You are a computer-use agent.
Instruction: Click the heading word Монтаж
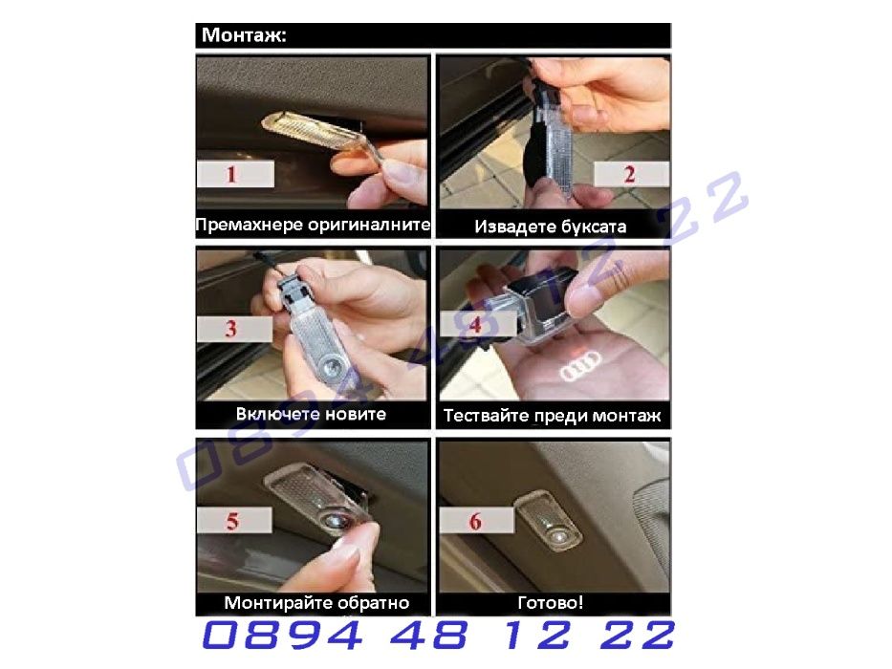click(x=244, y=35)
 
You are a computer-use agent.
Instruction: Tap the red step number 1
click(x=231, y=174)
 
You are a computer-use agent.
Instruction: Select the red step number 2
click(x=629, y=174)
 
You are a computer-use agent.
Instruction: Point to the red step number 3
click(x=230, y=329)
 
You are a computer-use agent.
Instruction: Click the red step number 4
click(x=475, y=325)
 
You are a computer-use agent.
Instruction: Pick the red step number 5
click(x=232, y=521)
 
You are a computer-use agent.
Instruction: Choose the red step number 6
click(x=475, y=521)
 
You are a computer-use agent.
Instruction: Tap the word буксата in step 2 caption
click(x=594, y=227)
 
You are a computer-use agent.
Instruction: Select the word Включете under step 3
click(x=272, y=414)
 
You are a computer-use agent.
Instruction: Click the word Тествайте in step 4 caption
click(x=486, y=416)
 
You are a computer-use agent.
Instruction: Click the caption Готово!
click(x=550, y=602)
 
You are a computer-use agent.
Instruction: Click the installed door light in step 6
click(x=548, y=521)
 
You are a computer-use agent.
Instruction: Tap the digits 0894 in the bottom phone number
click(x=283, y=635)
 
